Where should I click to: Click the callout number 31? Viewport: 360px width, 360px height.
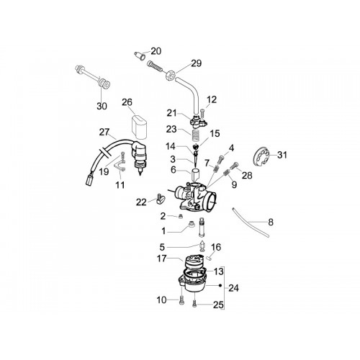(x=282, y=155)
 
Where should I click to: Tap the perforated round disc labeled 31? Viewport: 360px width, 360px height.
(x=261, y=156)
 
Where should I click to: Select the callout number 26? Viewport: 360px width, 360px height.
(x=127, y=102)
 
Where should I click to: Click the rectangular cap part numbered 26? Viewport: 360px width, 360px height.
(x=139, y=127)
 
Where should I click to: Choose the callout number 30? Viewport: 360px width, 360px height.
(x=102, y=106)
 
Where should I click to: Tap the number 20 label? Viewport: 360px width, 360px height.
(x=156, y=51)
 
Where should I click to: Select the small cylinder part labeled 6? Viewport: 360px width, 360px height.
(x=196, y=175)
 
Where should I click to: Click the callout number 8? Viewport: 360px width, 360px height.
(x=271, y=222)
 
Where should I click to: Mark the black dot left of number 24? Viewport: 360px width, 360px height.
(x=220, y=285)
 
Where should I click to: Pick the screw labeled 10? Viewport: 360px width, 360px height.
(x=181, y=301)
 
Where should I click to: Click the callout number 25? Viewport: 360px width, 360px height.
(x=218, y=305)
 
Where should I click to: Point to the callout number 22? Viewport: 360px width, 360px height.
(x=141, y=202)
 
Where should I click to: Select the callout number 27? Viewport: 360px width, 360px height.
(x=104, y=132)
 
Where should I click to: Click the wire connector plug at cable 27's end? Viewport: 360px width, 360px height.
(x=89, y=179)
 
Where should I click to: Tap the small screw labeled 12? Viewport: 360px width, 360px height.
(x=202, y=112)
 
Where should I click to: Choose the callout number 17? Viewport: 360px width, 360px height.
(x=161, y=258)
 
